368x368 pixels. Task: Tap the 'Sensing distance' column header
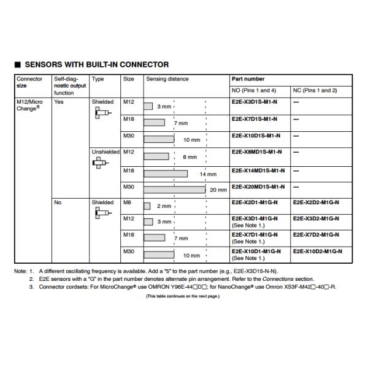click(x=167, y=79)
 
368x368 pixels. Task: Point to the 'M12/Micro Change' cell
click(x=30, y=105)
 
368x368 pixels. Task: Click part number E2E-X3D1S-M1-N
click(x=255, y=102)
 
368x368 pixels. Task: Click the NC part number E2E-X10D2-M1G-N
click(x=318, y=251)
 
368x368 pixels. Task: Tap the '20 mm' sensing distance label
click(x=218, y=190)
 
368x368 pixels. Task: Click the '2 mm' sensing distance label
click(x=164, y=206)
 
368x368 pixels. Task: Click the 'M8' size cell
click(x=128, y=202)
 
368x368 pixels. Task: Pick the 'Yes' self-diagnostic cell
click(x=59, y=102)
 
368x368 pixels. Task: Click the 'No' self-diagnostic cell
click(x=58, y=202)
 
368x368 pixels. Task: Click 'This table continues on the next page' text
click(x=182, y=296)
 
